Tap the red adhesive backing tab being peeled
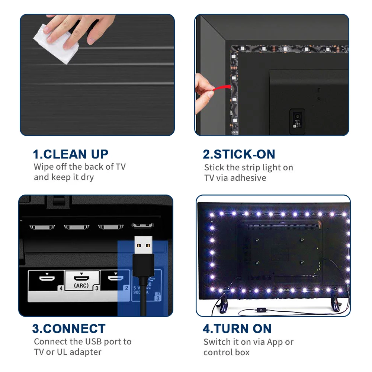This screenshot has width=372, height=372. pos(221,88)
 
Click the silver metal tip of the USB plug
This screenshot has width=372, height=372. pos(143,245)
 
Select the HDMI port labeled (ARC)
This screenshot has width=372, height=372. pos(81,278)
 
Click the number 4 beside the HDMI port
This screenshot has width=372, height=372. pos(61,288)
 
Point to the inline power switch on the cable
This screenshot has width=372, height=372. pos(261,310)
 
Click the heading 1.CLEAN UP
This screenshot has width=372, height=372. pos(70,154)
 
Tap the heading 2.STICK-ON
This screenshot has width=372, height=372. pos(239,154)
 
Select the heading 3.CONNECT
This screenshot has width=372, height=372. pos(69,328)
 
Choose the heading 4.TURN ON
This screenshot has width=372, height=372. pos(237,328)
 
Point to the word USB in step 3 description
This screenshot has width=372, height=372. pos(93,341)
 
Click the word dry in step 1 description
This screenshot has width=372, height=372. pos(87,177)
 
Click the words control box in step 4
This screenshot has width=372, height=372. pos(226,352)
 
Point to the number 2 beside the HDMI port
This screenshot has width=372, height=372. pos(126,288)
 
